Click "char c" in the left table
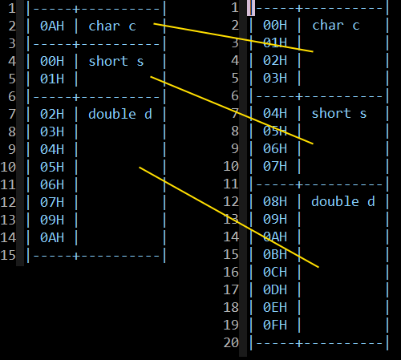tap(112, 26)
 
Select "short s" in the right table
tap(339, 114)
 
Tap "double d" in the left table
tap(120, 114)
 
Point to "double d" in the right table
tap(343, 201)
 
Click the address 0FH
tap(275, 325)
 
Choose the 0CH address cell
tap(275, 272)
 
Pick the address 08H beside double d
tap(275, 201)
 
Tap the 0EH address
tap(275, 307)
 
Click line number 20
tap(231, 342)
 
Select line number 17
tap(231, 289)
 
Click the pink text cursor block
tap(251, 8)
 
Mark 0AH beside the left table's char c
tap(52, 26)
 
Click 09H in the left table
tap(52, 220)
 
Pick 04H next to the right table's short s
tap(275, 113)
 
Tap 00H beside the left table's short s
tap(52, 61)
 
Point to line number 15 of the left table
tap(8, 255)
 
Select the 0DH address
tap(275, 289)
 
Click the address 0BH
tap(275, 254)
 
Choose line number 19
tap(231, 325)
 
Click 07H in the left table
tap(52, 202)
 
